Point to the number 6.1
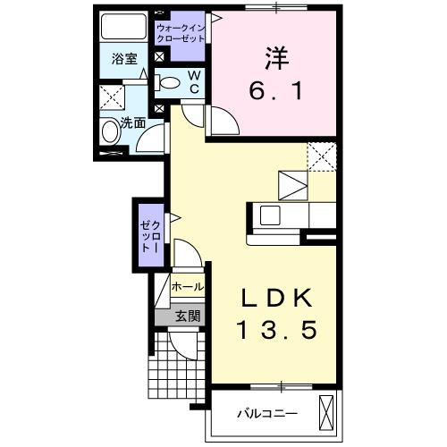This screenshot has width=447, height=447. tap(274, 89)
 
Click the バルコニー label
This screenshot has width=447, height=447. tap(266, 414)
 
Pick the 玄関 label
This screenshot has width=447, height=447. tap(187, 315)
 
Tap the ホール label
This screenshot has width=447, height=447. tap(188, 288)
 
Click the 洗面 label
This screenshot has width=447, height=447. tap(133, 122)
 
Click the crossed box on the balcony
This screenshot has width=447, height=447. tap(328, 413)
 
